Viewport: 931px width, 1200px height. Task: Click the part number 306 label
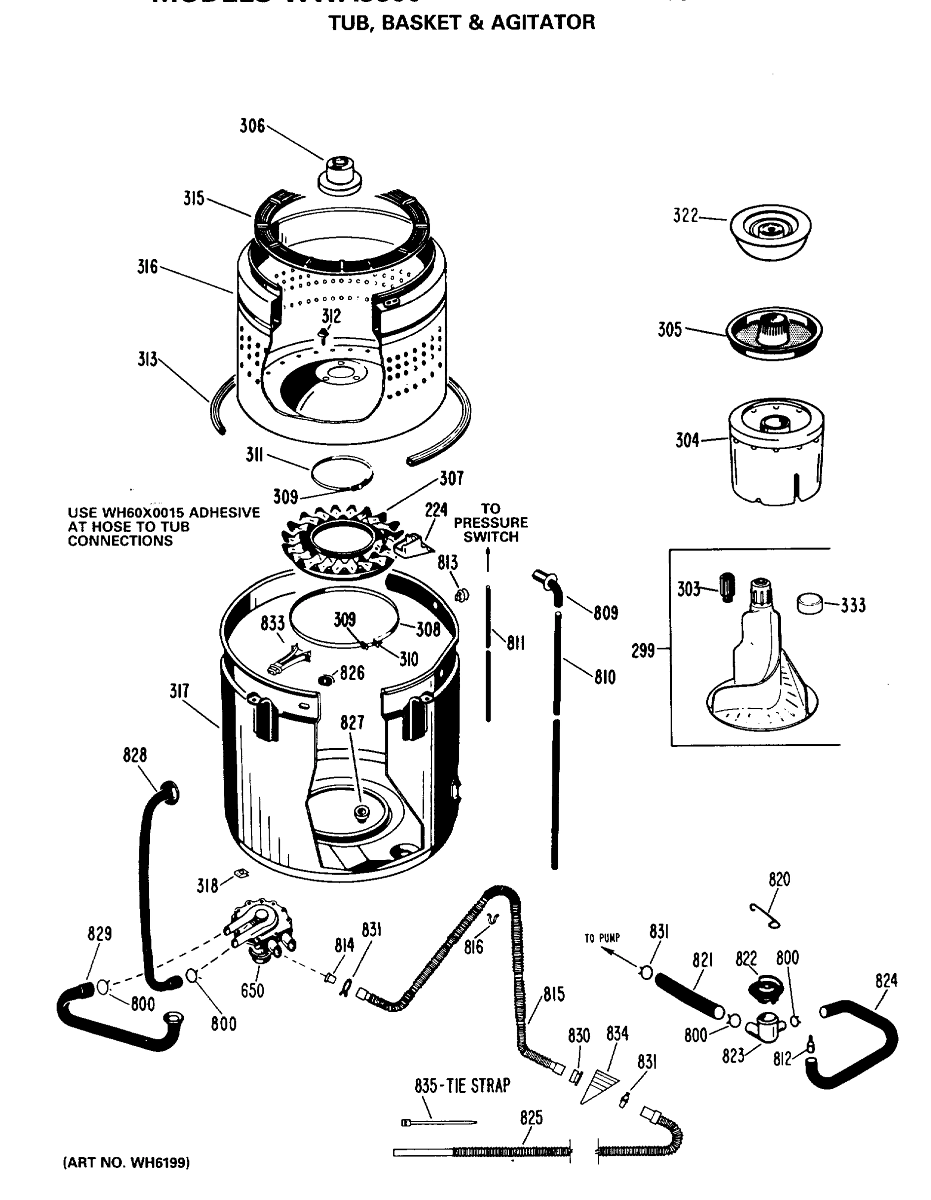click(x=252, y=126)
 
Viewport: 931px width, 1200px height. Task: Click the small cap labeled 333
click(x=809, y=602)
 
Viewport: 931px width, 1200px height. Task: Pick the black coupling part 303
click(x=727, y=587)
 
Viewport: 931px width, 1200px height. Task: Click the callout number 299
click(x=643, y=650)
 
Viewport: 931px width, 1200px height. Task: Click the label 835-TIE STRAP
click(x=462, y=1085)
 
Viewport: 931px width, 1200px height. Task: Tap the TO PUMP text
click(x=602, y=938)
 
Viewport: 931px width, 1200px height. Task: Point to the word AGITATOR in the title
click(x=543, y=22)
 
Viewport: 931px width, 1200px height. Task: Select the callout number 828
click(x=134, y=755)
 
